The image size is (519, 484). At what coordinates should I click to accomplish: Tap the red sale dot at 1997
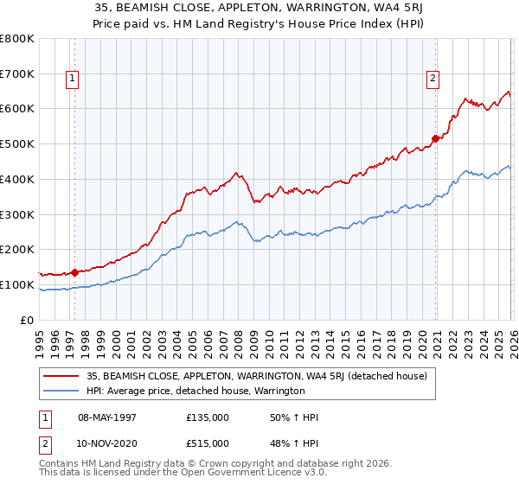74,271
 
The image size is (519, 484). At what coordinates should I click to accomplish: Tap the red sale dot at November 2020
435,137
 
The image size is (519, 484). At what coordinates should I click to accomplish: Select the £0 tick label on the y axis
28,320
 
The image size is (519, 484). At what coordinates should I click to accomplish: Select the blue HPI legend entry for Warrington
195,391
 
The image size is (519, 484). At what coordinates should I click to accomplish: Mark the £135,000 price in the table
208,417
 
